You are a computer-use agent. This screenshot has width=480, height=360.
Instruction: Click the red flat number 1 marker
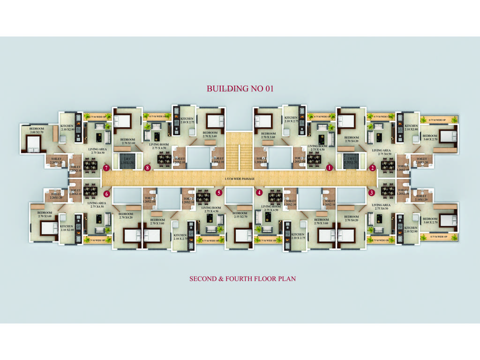pos(330,167)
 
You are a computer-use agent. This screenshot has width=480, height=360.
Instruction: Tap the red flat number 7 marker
pos(106,167)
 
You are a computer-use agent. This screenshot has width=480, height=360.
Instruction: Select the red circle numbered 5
pos(218,192)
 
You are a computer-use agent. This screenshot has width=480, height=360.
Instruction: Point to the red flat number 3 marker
pos(372,192)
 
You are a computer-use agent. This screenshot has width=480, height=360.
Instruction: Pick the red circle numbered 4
pos(259,192)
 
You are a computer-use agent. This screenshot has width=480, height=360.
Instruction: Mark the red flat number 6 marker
pos(106,193)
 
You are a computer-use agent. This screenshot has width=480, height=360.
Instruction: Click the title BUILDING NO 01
pos(240,88)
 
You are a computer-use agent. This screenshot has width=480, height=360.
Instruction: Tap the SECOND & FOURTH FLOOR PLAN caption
pos(242,278)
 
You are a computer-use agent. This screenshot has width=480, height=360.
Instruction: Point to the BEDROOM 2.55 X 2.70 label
pos(244,215)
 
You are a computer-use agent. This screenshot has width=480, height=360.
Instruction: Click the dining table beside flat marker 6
pos(90,192)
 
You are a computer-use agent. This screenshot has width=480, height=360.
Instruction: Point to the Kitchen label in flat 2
pos(411,127)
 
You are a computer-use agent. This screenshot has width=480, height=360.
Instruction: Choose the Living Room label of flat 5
pos(211,209)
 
